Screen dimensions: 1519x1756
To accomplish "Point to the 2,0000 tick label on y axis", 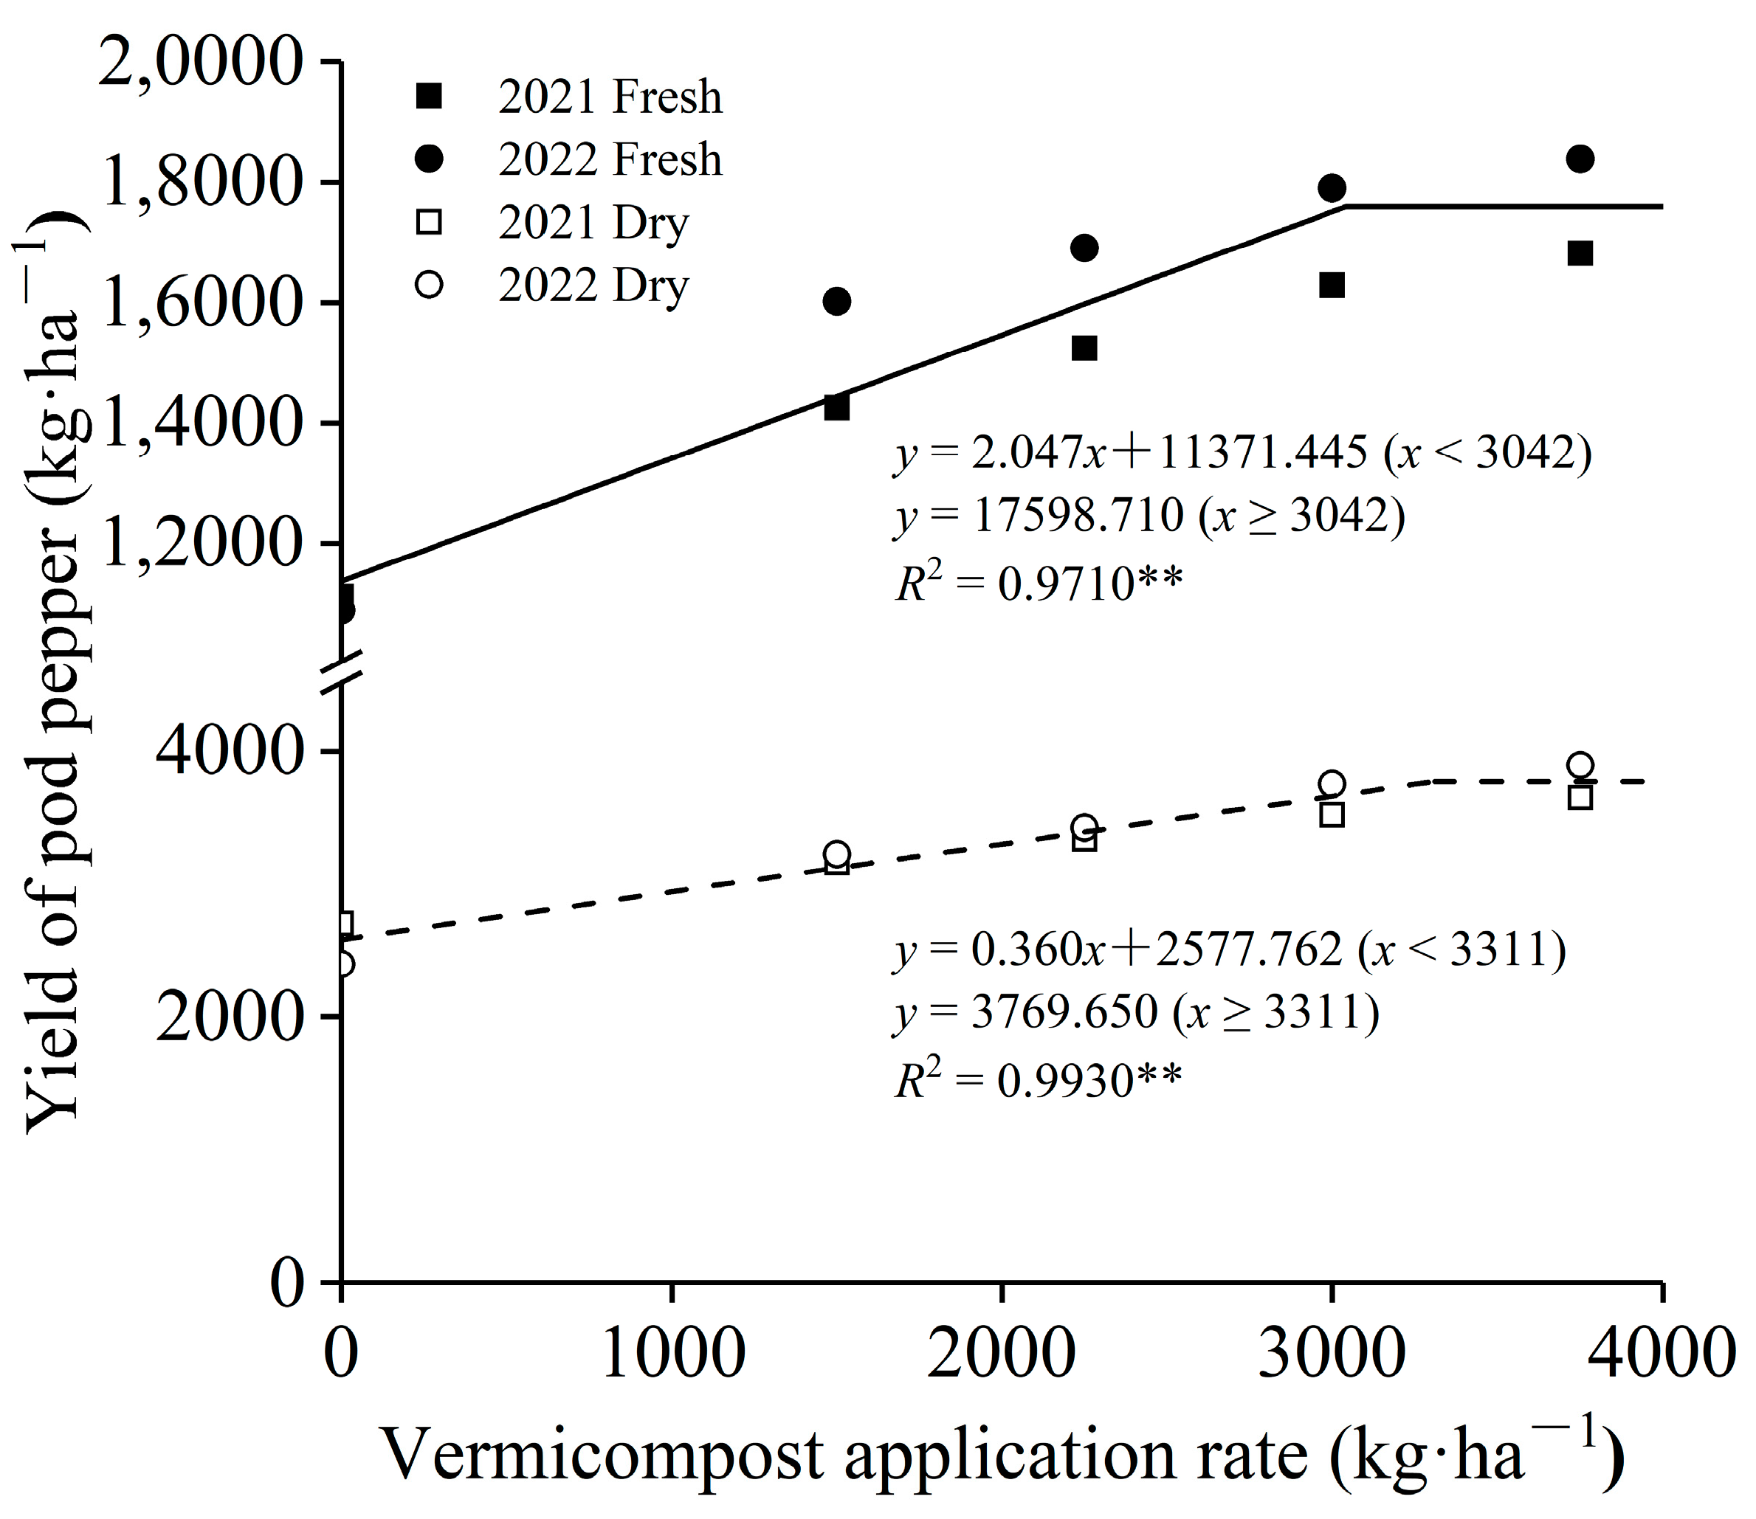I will coord(200,62).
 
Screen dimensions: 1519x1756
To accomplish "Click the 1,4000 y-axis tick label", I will coord(200,423).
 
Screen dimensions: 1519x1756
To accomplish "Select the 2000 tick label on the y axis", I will coord(229,1017).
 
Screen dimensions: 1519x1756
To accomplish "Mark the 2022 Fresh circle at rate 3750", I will coord(1580,159).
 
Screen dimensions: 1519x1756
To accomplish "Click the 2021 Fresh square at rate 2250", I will coord(1084,348).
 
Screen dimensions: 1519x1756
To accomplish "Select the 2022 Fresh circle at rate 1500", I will coord(837,301).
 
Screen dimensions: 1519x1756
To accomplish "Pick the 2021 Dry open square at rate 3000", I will coord(1332,814).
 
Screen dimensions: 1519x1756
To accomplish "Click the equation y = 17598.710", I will coord(1149,516).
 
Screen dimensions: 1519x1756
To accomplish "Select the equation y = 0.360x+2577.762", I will coord(1230,949).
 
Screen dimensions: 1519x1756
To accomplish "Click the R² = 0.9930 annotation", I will coord(1039,1080).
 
